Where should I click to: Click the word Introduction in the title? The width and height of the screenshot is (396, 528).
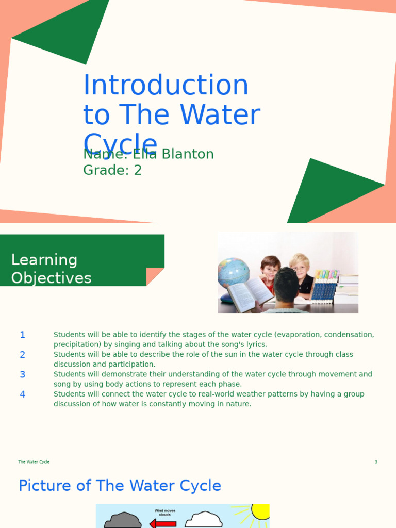(x=166, y=86)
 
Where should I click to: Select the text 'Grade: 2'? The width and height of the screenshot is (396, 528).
(x=112, y=170)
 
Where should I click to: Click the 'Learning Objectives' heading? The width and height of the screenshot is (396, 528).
(x=51, y=269)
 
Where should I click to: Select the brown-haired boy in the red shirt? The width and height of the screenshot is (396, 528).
(x=270, y=270)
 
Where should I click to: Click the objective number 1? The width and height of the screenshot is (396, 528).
(x=22, y=335)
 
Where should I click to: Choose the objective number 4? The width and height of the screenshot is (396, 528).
(x=22, y=394)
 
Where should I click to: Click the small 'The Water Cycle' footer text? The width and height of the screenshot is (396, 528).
(x=34, y=462)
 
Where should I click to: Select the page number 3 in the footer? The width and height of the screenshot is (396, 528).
(x=376, y=462)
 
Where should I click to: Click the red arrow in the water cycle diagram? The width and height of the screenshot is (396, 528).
(x=163, y=524)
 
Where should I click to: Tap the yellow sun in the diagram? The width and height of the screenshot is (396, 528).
(x=260, y=511)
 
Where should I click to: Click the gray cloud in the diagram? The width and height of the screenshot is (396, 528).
(x=123, y=521)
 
